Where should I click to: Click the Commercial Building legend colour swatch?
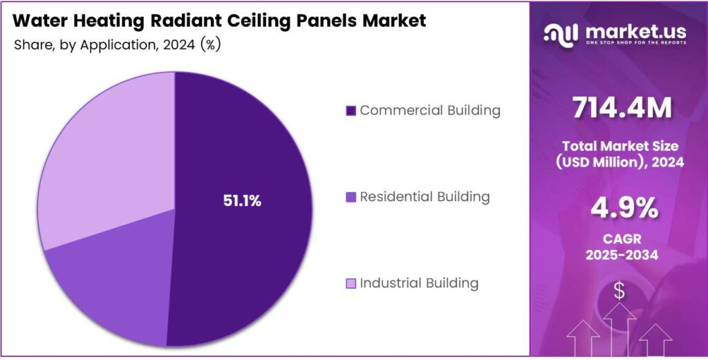pyautogui.click(x=351, y=111)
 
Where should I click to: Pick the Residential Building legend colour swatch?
pyautogui.click(x=351, y=197)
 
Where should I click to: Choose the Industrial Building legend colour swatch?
pyautogui.click(x=351, y=283)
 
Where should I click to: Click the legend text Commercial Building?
pyautogui.click(x=430, y=110)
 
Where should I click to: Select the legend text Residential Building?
pyautogui.click(x=425, y=196)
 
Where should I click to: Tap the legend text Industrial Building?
pyautogui.click(x=419, y=283)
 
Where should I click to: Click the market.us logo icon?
pyautogui.click(x=561, y=33)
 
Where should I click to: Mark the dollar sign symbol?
pyautogui.click(x=619, y=292)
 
